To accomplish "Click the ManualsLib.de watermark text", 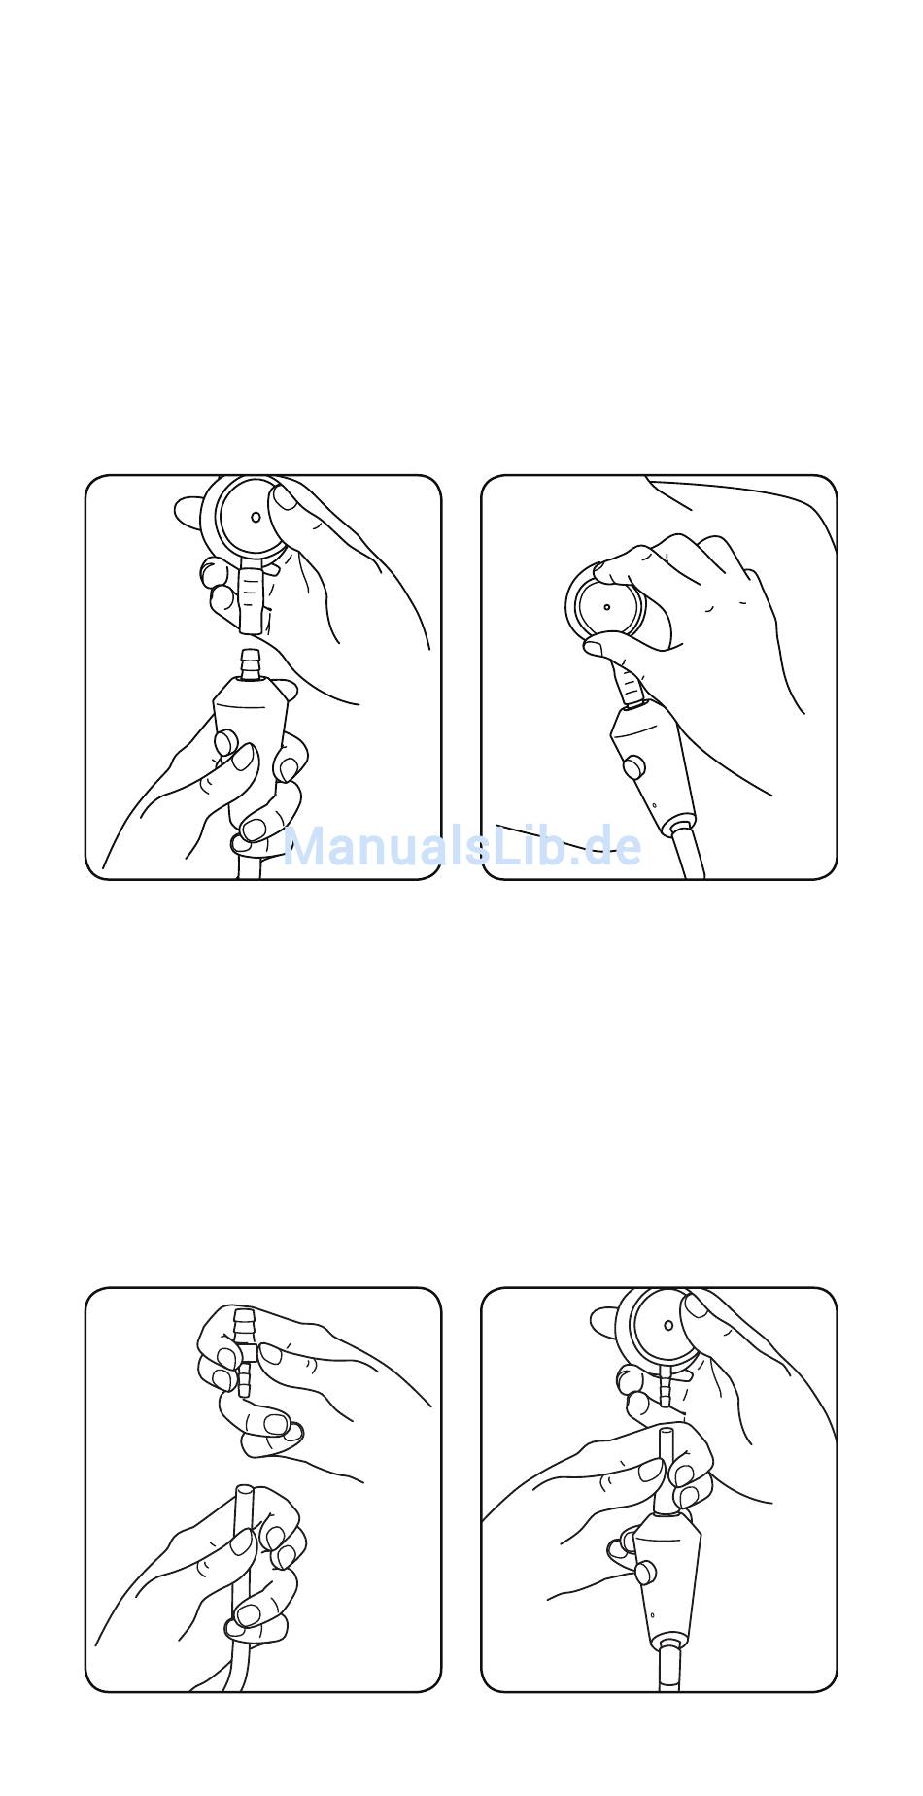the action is point(461,847).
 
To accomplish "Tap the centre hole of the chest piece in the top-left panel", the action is point(256,517).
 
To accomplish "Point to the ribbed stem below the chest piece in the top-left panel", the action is point(251,594).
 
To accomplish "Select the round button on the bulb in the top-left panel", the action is point(227,745).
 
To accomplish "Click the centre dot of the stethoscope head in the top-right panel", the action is point(606,607).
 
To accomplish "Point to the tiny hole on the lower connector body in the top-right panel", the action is point(656,805).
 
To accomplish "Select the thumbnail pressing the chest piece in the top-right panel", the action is point(594,644).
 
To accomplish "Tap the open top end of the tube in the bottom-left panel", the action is point(241,1489).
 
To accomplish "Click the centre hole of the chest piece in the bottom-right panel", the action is point(668,1325).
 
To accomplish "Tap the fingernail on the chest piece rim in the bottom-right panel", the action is point(696,1305).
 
